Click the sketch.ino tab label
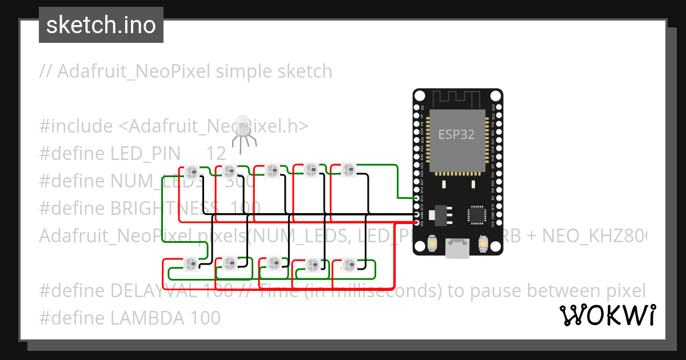click(x=101, y=25)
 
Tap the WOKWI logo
click(x=607, y=315)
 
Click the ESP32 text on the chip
click(x=457, y=135)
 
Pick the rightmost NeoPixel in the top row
click(x=348, y=169)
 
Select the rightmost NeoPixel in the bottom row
click(x=348, y=264)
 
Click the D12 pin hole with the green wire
click(x=417, y=198)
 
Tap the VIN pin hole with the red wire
click(x=417, y=222)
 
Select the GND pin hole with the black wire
click(x=417, y=214)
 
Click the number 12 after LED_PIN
click(x=216, y=153)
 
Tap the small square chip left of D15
click(x=476, y=214)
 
